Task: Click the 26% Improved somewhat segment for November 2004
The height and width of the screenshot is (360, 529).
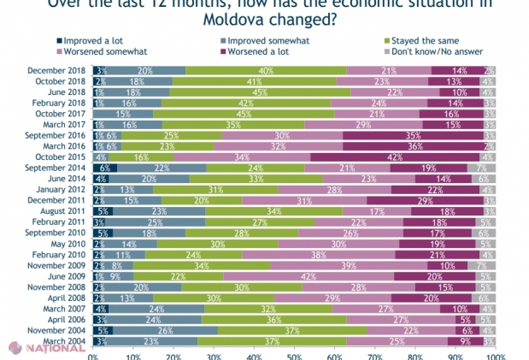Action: point(165,330)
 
